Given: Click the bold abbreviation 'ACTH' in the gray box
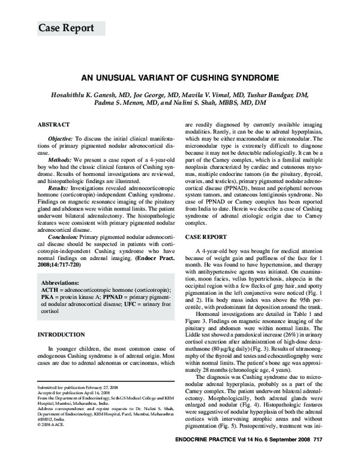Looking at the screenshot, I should coord(49,289).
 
